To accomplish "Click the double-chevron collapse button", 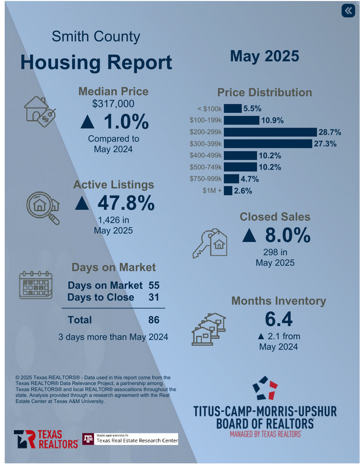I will [348, 11].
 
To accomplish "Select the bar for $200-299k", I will [270, 132].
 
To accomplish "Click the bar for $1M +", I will [228, 190].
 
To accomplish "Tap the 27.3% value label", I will [325, 144].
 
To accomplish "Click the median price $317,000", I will [114, 104].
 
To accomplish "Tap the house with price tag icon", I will [39, 111].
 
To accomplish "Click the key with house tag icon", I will [209, 242].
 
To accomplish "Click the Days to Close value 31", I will [154, 297].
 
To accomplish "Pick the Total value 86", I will [154, 319].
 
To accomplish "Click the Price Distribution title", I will [264, 92].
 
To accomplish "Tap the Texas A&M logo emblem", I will [89, 439].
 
